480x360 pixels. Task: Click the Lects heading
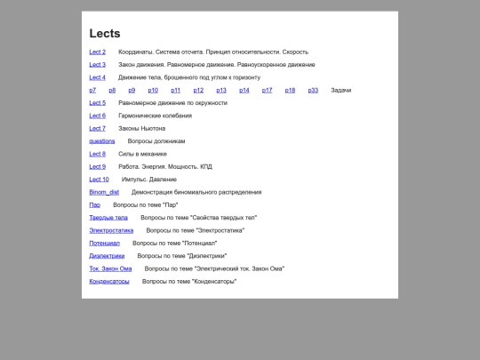pyautogui.click(x=105, y=34)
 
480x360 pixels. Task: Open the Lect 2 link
pyautogui.click(x=97, y=52)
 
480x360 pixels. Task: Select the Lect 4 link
pyautogui.click(x=97, y=77)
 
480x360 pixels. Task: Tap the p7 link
pyautogui.click(x=92, y=91)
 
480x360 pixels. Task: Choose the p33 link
pyautogui.click(x=313, y=91)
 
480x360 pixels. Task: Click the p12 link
pyautogui.click(x=198, y=91)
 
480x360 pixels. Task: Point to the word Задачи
pyautogui.click(x=341, y=91)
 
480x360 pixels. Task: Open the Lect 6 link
pyautogui.click(x=97, y=116)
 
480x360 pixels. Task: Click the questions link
pyautogui.click(x=101, y=141)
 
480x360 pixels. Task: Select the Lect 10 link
pyautogui.click(x=99, y=180)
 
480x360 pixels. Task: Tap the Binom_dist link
pyautogui.click(x=104, y=192)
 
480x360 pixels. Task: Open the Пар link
pyautogui.click(x=94, y=204)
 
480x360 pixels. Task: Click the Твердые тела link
pyautogui.click(x=108, y=218)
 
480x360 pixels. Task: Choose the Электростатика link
pyautogui.click(x=111, y=230)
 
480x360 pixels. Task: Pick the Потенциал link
pyautogui.click(x=104, y=243)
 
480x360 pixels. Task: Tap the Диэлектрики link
pyautogui.click(x=107, y=256)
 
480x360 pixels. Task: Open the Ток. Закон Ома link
pyautogui.click(x=110, y=268)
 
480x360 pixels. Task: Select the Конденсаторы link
pyautogui.click(x=109, y=281)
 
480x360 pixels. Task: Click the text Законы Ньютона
pyautogui.click(x=141, y=129)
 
